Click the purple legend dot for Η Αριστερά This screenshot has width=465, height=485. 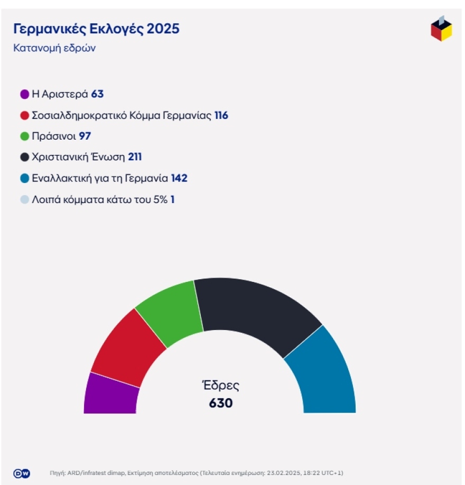(x=24, y=94)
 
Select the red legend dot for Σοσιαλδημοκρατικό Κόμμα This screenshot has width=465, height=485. (x=24, y=115)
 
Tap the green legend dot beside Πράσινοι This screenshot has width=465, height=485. (x=24, y=136)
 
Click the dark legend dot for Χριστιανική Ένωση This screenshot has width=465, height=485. (x=24, y=157)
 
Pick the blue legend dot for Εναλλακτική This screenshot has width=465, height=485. (x=24, y=179)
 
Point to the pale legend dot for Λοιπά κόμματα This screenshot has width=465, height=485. (x=24, y=200)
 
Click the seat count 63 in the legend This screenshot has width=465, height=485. (x=97, y=94)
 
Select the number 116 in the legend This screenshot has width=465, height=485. (x=221, y=115)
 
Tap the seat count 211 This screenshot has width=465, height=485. (x=135, y=157)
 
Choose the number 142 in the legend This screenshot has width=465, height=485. (x=179, y=179)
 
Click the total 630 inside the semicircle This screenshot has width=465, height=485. (x=221, y=403)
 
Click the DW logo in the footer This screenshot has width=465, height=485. (x=21, y=473)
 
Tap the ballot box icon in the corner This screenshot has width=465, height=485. (x=441, y=29)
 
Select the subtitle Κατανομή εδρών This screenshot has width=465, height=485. (x=54, y=48)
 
